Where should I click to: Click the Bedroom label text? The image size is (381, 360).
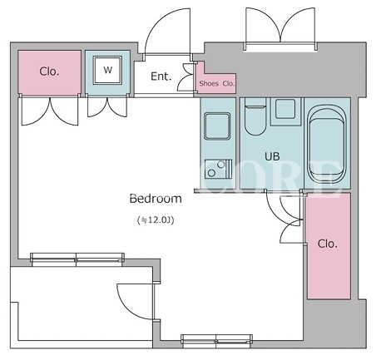click(156, 199)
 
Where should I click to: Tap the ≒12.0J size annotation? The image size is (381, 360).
click(156, 220)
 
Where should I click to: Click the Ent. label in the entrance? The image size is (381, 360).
click(161, 76)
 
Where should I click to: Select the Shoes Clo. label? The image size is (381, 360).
click(217, 83)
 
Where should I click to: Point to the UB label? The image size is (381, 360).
click(272, 156)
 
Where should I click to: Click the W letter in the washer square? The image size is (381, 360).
click(107, 70)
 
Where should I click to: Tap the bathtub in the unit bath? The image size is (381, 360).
click(327, 144)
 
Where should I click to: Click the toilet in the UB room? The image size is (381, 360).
click(255, 116)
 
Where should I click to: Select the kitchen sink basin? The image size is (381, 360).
click(217, 126)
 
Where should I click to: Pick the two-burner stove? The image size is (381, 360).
click(218, 169)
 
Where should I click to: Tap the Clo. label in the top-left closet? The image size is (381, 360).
click(49, 72)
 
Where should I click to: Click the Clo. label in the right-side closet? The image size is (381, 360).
click(328, 244)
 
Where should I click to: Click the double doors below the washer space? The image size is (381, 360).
click(107, 106)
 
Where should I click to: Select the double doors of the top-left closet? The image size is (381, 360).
click(50, 111)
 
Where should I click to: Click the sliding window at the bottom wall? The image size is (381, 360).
click(216, 339)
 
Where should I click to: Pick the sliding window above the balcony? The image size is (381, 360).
click(77, 259)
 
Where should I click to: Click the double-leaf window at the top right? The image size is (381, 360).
click(280, 29)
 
